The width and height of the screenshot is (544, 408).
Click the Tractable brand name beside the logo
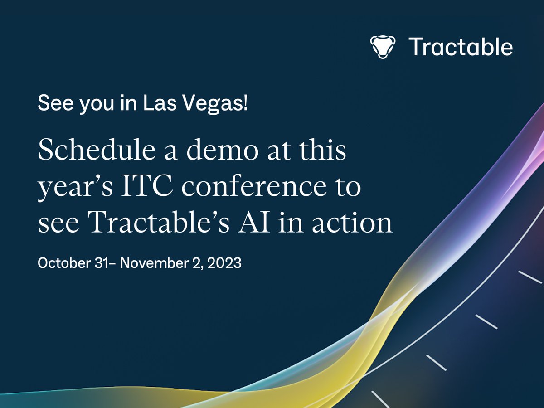tap(461, 47)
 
